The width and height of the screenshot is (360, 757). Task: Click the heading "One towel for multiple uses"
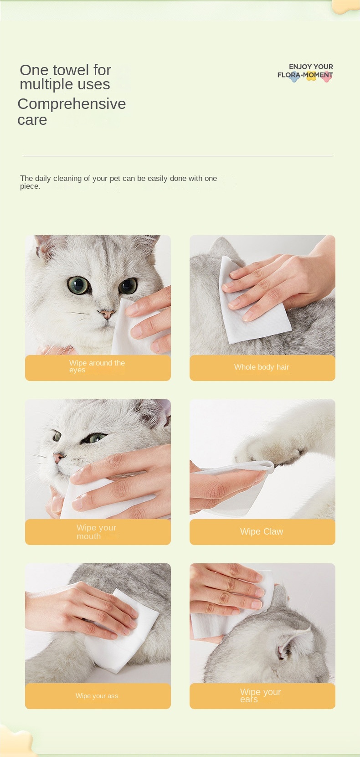click(x=65, y=77)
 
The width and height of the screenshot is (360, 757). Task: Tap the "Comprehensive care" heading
click(x=72, y=112)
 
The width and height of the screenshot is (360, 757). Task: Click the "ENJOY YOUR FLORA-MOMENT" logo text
click(x=305, y=71)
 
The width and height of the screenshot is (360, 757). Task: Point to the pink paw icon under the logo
click(x=327, y=77)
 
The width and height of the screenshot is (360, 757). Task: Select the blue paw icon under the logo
click(x=295, y=77)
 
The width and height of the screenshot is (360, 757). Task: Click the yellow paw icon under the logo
click(x=311, y=77)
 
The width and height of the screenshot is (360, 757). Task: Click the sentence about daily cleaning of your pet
click(x=118, y=182)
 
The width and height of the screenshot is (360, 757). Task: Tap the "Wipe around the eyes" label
click(x=97, y=366)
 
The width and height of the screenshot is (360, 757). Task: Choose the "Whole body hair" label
click(x=262, y=367)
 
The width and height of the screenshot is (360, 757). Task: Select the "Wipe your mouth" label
click(x=96, y=532)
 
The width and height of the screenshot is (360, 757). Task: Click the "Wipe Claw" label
click(x=262, y=531)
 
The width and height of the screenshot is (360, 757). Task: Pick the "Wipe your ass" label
click(x=97, y=696)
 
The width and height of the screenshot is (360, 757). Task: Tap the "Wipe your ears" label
click(x=260, y=695)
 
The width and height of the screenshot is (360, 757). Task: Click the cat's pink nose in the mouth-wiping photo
click(x=59, y=458)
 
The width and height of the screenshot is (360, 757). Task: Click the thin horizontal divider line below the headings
click(x=177, y=156)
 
